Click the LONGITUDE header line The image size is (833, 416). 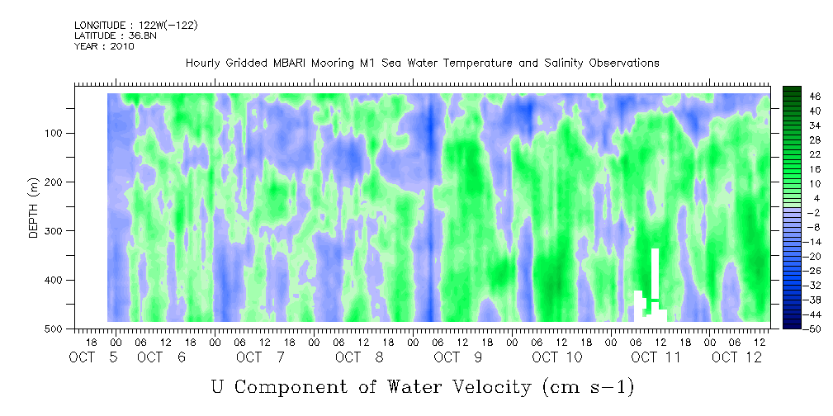[x=136, y=25]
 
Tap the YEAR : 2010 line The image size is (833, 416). [x=104, y=46]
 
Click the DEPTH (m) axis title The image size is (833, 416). [x=34, y=207]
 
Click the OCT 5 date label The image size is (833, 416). [x=93, y=357]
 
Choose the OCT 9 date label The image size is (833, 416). [x=458, y=357]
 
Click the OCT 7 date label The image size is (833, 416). [x=261, y=357]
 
